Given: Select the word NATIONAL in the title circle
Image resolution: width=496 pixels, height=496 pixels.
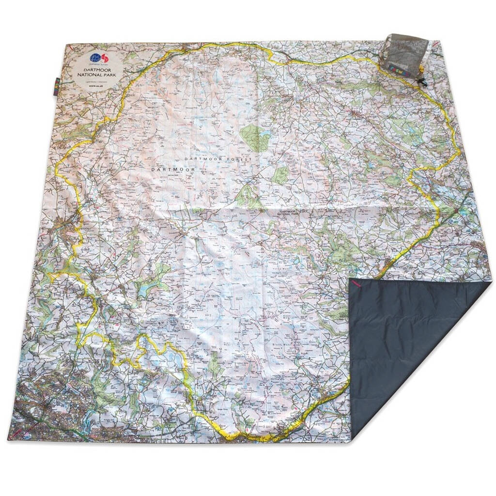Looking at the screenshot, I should [x=89, y=77].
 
